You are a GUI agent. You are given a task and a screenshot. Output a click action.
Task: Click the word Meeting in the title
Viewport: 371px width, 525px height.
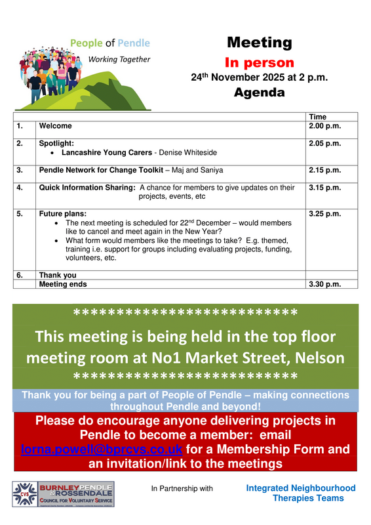click(259, 43)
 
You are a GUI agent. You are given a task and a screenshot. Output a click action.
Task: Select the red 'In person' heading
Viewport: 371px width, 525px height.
click(259, 63)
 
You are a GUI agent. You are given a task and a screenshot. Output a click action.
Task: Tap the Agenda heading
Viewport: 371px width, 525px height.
click(259, 93)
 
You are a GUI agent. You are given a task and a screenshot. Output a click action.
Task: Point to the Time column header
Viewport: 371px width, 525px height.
click(317, 116)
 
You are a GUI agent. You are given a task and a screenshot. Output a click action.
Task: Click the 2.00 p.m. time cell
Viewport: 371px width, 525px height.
click(324, 125)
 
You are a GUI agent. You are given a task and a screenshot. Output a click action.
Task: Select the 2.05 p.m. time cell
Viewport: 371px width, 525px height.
click(324, 142)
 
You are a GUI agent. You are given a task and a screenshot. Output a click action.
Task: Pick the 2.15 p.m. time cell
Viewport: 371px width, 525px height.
click(324, 170)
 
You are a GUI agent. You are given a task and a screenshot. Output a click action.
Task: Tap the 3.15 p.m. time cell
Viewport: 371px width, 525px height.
click(324, 188)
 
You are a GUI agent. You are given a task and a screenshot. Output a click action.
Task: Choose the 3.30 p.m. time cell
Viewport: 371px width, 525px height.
click(324, 284)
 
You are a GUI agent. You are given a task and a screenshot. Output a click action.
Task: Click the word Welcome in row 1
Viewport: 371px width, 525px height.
click(56, 125)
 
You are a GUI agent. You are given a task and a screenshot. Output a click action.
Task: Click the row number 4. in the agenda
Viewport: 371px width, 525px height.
click(20, 188)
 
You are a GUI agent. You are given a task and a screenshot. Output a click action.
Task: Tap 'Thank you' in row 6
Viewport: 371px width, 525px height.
click(58, 275)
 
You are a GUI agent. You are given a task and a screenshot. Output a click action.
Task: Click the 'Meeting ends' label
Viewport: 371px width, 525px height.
click(63, 284)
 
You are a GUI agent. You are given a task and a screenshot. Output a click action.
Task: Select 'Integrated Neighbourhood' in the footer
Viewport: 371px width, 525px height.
click(300, 488)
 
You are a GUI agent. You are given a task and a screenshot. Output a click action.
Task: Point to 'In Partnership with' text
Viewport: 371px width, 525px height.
click(182, 489)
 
